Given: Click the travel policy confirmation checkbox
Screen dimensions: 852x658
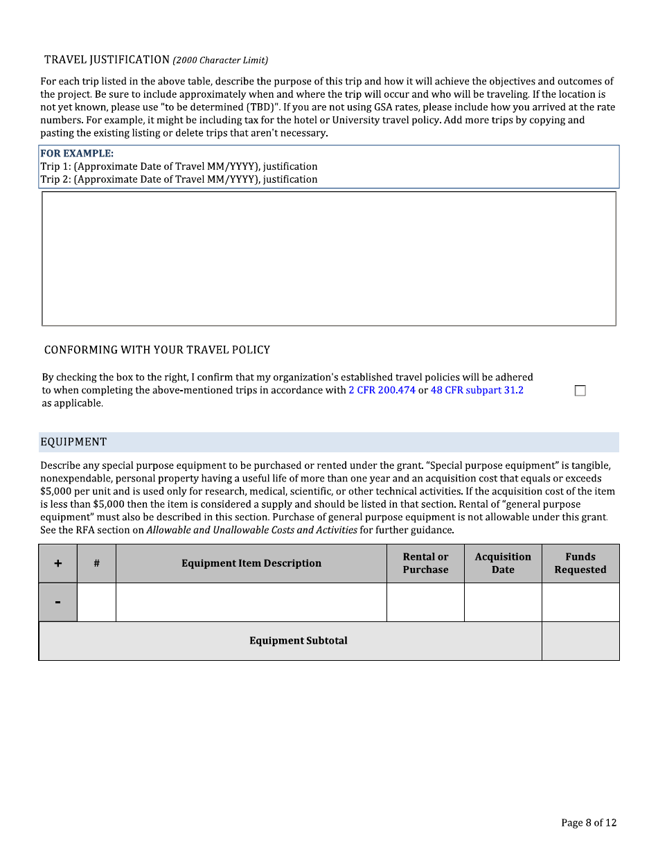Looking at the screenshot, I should pyautogui.click(x=580, y=391).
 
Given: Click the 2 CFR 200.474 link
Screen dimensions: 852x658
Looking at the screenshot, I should pyautogui.click(x=382, y=390).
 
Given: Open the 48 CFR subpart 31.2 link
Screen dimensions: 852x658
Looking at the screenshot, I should pyautogui.click(x=477, y=390).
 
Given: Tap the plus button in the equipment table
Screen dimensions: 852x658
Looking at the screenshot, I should pyautogui.click(x=58, y=563).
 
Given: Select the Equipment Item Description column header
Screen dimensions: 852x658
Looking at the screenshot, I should pyautogui.click(x=251, y=563).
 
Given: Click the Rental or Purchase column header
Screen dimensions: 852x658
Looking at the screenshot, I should pyautogui.click(x=425, y=563).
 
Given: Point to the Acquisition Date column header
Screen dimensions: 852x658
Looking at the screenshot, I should pyautogui.click(x=503, y=563).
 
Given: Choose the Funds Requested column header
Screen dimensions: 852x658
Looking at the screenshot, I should pyautogui.click(x=580, y=563).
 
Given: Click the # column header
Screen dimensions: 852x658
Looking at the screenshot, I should pyautogui.click(x=96, y=563).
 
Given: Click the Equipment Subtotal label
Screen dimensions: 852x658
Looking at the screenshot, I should pyautogui.click(x=298, y=641).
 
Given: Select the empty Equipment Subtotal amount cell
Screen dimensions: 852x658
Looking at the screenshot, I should pyautogui.click(x=580, y=641).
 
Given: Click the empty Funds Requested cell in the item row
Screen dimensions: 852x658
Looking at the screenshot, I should pyautogui.click(x=580, y=602).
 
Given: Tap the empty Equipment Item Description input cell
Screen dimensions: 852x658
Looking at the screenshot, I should pyautogui.click(x=251, y=602).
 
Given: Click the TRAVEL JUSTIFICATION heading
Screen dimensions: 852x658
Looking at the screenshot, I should pyautogui.click(x=107, y=60).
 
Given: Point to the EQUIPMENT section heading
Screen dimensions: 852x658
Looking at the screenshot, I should pyautogui.click(x=73, y=442).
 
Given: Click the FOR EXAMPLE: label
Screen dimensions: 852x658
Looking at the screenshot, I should pyautogui.click(x=77, y=153).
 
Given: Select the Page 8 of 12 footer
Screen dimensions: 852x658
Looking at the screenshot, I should pyautogui.click(x=588, y=823).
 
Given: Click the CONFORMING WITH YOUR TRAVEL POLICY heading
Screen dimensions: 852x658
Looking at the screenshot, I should pyautogui.click(x=157, y=350).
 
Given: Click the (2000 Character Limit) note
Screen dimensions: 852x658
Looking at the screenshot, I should pyautogui.click(x=220, y=60).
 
